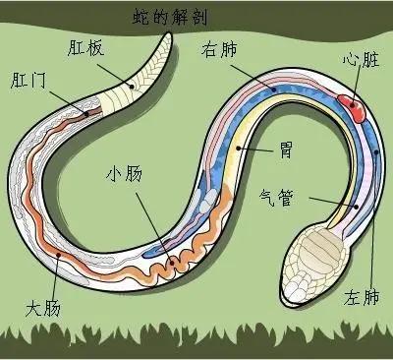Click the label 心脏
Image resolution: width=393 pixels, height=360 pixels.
point(358,60)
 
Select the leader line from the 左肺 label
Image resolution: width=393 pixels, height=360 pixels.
point(373,216)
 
